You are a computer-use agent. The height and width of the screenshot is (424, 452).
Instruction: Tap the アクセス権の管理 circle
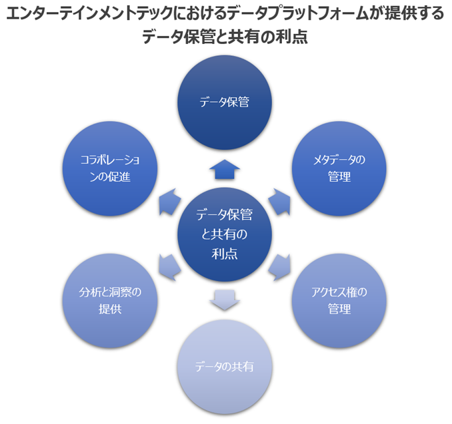[339, 300]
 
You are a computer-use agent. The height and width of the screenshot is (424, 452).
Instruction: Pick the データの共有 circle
[225, 367]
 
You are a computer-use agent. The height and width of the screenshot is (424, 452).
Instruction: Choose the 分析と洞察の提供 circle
[110, 300]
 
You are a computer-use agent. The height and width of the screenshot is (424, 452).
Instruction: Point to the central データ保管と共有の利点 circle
[225, 234]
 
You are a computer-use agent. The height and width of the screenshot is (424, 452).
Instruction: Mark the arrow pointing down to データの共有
[225, 301]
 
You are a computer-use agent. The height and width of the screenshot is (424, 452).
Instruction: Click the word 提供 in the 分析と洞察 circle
[110, 309]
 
